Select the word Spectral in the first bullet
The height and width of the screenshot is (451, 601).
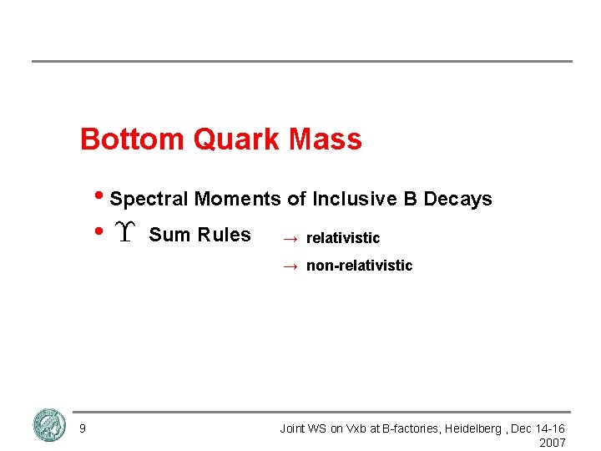(149, 200)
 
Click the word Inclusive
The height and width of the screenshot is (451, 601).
(355, 200)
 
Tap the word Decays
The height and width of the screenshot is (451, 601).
(458, 200)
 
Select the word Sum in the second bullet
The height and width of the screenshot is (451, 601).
(164, 235)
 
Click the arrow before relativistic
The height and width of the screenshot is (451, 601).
(290, 239)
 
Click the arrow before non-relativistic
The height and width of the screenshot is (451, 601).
(290, 266)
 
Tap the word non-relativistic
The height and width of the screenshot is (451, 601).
(359, 266)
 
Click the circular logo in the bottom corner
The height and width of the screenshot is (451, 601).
(49, 426)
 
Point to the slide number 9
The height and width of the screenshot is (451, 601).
(82, 429)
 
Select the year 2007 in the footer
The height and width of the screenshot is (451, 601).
(553, 443)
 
